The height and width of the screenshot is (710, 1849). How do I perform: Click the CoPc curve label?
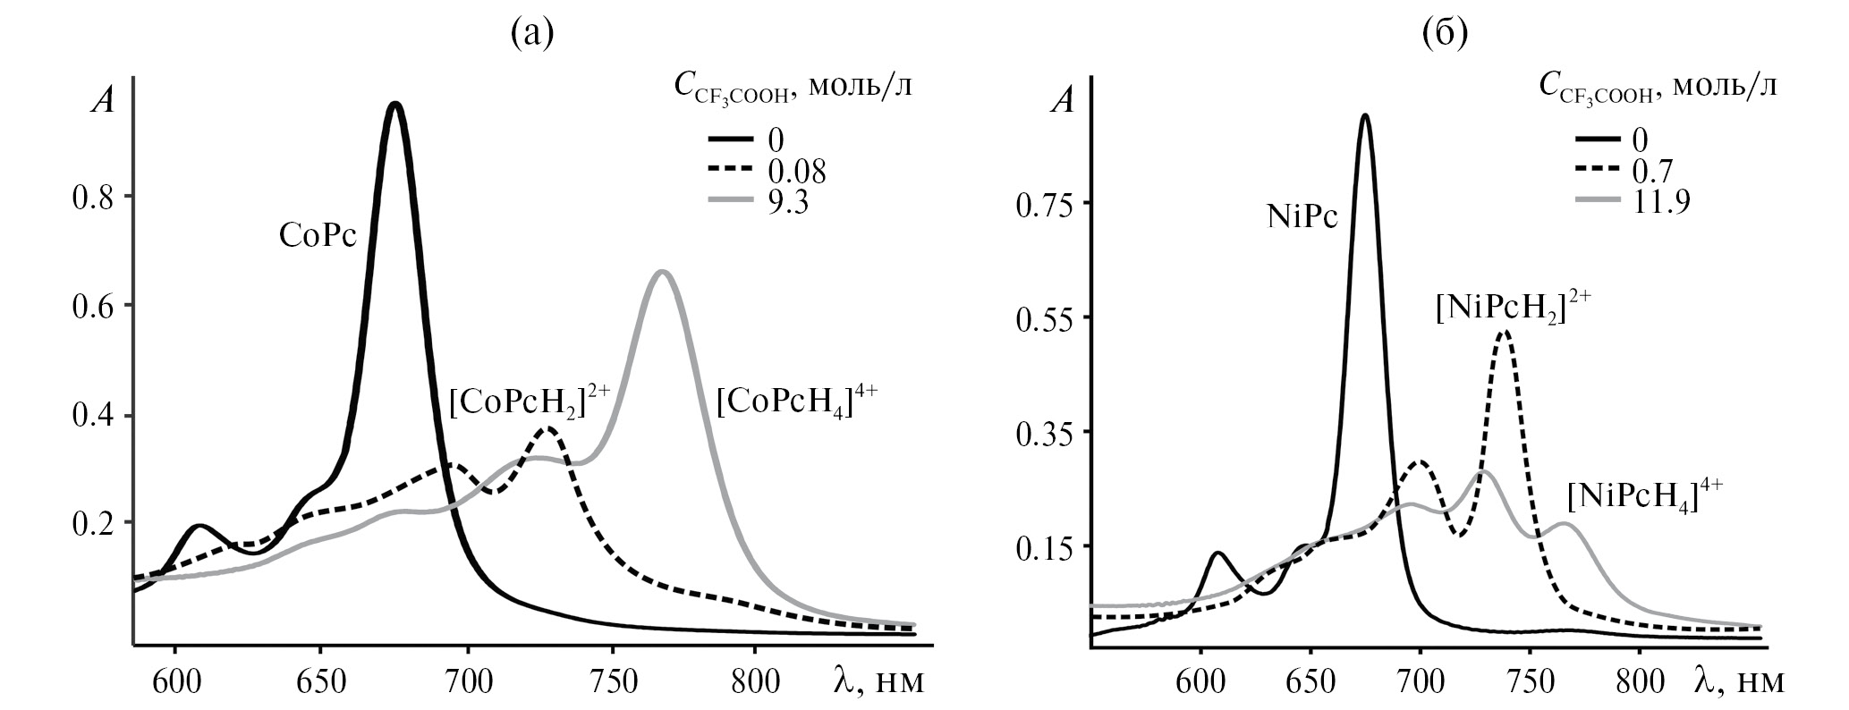pos(318,237)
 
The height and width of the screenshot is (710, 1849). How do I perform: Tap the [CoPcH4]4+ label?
pos(797,404)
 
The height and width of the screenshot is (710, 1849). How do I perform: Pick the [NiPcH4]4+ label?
pos(1644,496)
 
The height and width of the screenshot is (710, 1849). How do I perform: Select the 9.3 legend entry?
pos(787,203)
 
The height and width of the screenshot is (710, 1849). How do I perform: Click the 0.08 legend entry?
pos(795,172)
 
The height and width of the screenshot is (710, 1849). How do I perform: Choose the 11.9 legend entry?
pos(1660,203)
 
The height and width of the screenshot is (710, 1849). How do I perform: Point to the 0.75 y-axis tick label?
pos(1046,203)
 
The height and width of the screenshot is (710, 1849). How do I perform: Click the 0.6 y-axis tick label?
pos(94,305)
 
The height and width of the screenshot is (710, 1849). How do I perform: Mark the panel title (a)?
pos(532,33)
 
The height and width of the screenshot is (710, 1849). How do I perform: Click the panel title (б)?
pos(1444,33)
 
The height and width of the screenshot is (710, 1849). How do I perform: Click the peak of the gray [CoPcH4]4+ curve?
pos(663,272)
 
